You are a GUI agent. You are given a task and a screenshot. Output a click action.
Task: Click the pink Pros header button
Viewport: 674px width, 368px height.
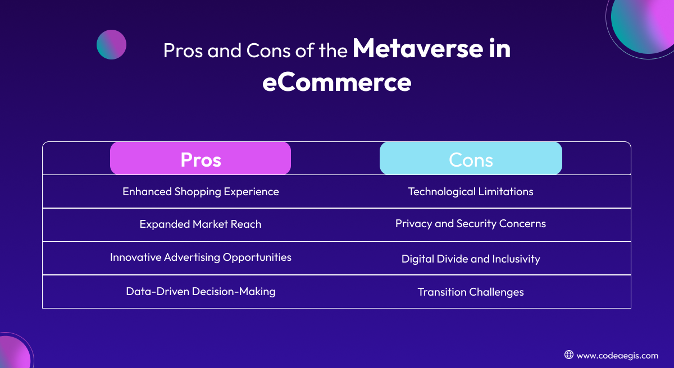tap(201, 158)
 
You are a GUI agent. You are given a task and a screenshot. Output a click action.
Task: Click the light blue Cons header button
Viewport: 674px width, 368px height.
tap(471, 158)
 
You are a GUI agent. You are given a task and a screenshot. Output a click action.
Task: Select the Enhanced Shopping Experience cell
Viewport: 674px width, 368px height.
tap(201, 192)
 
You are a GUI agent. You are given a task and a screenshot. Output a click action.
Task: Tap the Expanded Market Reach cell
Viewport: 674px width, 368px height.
tap(201, 224)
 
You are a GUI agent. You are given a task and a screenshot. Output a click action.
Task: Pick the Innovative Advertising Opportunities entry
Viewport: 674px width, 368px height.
tap(201, 257)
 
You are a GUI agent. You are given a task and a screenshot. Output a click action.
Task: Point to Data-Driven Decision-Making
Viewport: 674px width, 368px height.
tap(201, 291)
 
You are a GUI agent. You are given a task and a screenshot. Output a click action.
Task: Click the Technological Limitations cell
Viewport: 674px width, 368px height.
tap(471, 192)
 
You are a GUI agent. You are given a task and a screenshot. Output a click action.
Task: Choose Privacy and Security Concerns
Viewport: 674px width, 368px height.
tap(471, 224)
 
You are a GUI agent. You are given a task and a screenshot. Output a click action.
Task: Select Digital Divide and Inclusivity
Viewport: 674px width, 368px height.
tap(471, 259)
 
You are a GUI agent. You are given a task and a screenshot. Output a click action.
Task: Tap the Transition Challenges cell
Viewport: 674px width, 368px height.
tap(471, 292)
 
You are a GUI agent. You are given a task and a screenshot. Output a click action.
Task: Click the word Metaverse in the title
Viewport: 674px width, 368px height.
tap(418, 48)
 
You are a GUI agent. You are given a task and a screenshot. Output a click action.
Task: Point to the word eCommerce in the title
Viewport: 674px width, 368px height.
tap(336, 82)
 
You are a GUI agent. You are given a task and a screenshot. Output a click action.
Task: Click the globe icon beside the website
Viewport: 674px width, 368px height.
tap(568, 355)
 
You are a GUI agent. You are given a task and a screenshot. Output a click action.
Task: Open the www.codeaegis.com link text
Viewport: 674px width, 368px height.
tap(617, 356)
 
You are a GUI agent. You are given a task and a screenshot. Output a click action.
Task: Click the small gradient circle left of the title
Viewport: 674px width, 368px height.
tap(111, 44)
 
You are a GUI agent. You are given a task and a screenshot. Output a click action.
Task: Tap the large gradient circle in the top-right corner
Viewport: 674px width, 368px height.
tap(644, 24)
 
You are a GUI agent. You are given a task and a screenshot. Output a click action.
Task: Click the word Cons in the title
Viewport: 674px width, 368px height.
tap(268, 50)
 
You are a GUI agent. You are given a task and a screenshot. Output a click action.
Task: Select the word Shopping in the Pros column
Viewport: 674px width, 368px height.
tap(198, 192)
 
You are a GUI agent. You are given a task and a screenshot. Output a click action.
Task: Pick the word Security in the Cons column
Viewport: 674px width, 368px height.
tap(476, 224)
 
